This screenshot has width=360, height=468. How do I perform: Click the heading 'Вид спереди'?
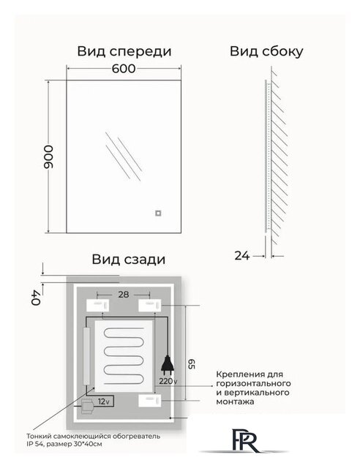click(x=124, y=51)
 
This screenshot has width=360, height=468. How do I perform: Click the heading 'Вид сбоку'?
click(x=266, y=51)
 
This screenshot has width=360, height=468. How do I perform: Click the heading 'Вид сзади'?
click(x=128, y=259)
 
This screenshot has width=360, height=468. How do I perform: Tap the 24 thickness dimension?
click(x=242, y=255)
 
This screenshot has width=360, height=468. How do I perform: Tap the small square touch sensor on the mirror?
click(x=157, y=214)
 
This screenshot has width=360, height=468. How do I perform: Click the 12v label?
click(x=104, y=401)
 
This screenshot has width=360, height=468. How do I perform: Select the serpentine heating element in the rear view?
click(x=126, y=352)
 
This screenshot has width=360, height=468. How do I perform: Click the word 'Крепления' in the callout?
click(x=237, y=374)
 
